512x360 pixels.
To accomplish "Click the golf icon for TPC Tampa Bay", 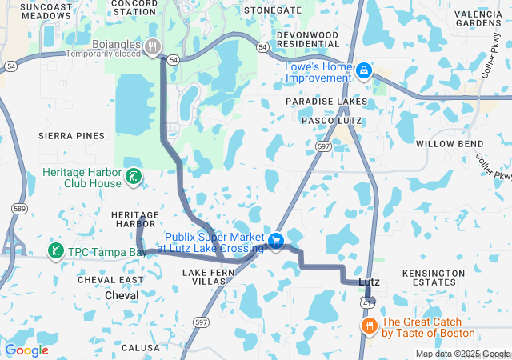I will coord(55,251).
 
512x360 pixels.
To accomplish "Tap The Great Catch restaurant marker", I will coord(369,326).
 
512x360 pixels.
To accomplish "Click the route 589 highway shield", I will coord(18,208).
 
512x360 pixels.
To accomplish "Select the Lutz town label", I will coord(369,282).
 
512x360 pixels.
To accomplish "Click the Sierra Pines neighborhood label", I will coord(71,136).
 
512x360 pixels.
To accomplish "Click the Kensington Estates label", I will coord(433,278).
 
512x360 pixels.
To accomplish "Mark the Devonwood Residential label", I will coord(313,41).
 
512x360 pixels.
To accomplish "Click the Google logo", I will coord(26,350).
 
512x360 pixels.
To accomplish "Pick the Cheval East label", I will coord(110,280).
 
